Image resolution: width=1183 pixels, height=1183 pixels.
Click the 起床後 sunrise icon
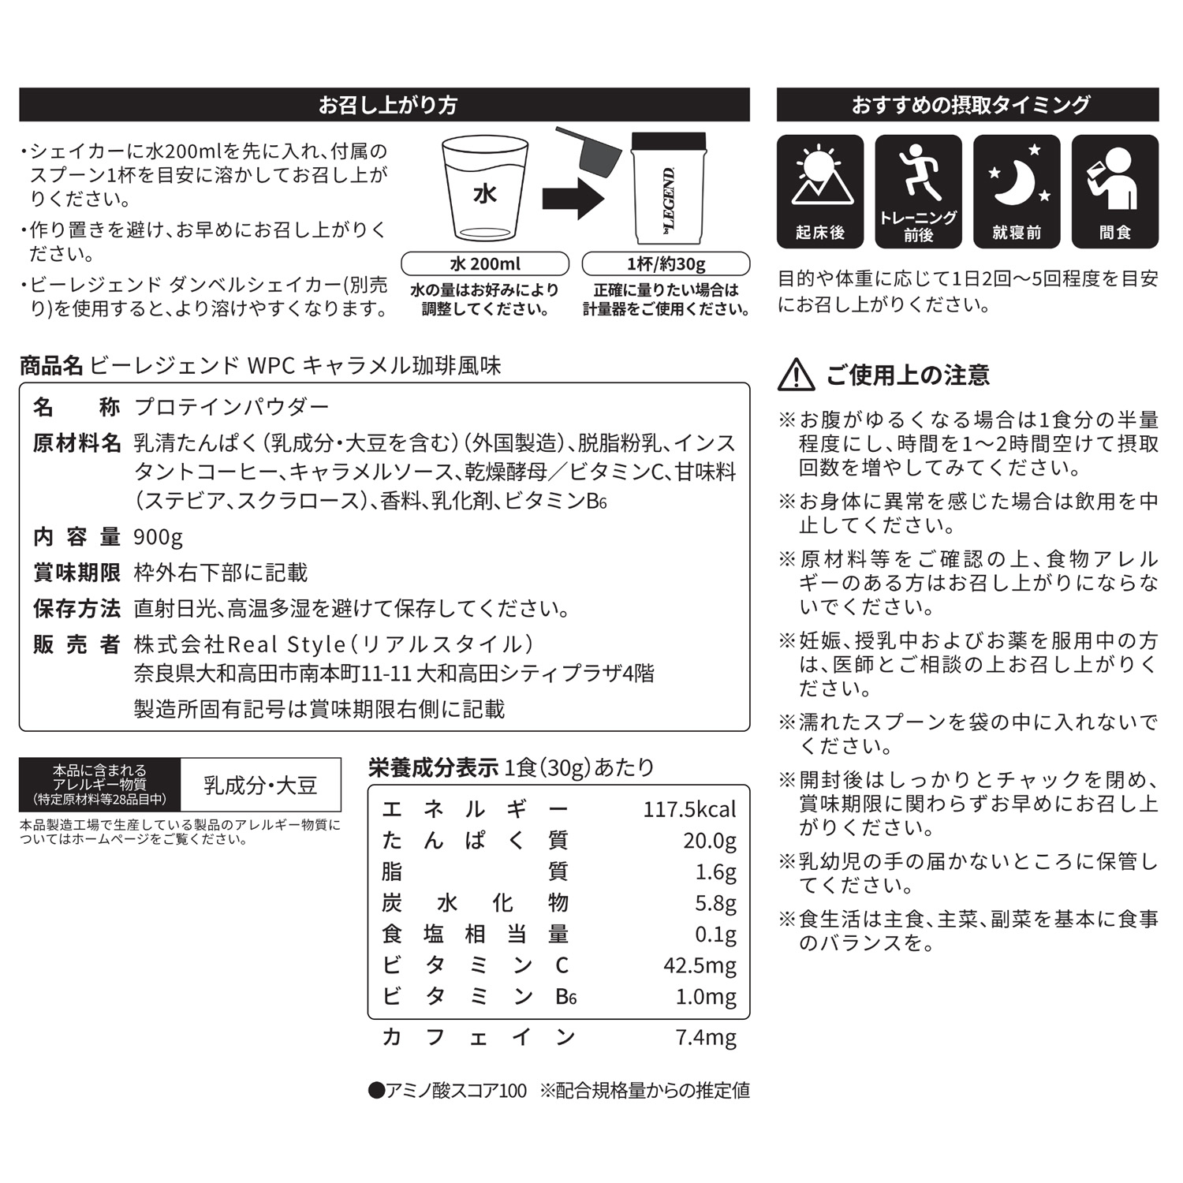coord(820,180)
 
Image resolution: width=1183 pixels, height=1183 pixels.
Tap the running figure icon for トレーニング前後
coord(918,172)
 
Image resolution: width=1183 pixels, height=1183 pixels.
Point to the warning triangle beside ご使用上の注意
coord(797,375)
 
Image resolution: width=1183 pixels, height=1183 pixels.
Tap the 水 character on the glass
coord(484,193)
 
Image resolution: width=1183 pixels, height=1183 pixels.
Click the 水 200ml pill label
coord(485,263)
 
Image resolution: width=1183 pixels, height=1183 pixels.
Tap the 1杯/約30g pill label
coord(666,263)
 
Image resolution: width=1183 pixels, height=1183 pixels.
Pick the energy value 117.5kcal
coord(689,809)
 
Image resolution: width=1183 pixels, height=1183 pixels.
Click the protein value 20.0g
coord(710,841)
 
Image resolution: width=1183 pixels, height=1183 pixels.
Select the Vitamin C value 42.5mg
coord(700,965)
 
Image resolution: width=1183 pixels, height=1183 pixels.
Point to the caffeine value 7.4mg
coord(706,1037)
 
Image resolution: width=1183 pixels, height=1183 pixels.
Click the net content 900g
coord(159,537)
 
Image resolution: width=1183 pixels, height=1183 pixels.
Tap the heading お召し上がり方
coord(387,105)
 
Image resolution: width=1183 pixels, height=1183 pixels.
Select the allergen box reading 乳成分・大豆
coord(260,786)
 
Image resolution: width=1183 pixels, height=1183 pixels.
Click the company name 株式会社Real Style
coord(240,644)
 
